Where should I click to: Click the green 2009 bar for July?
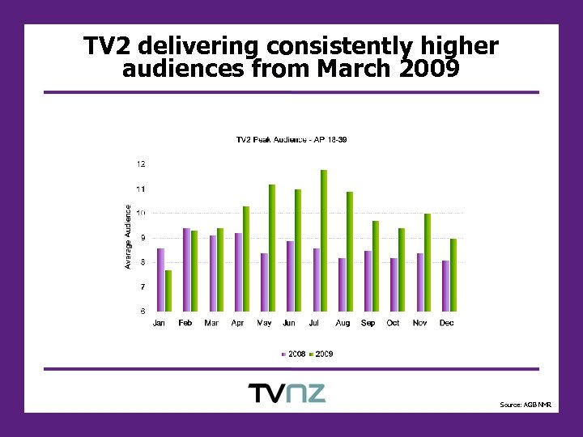tap(324, 240)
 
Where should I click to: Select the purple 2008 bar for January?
tap(161, 279)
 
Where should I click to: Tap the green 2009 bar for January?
tap(168, 291)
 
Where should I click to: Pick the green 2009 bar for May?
tap(272, 248)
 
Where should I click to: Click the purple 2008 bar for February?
tap(187, 269)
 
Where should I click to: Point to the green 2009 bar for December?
tap(453, 275)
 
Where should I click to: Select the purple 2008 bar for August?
tap(343, 284)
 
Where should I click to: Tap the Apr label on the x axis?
tap(237, 324)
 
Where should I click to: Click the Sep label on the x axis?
tap(368, 324)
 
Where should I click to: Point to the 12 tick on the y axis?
tap(141, 164)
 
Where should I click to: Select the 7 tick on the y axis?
tap(143, 287)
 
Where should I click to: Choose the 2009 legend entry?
tap(321, 354)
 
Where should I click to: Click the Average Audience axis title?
tap(127, 236)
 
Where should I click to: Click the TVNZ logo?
tap(287, 393)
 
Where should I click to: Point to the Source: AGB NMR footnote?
tap(525, 405)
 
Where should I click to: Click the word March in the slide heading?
tap(355, 70)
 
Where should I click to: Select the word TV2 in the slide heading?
tap(108, 45)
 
